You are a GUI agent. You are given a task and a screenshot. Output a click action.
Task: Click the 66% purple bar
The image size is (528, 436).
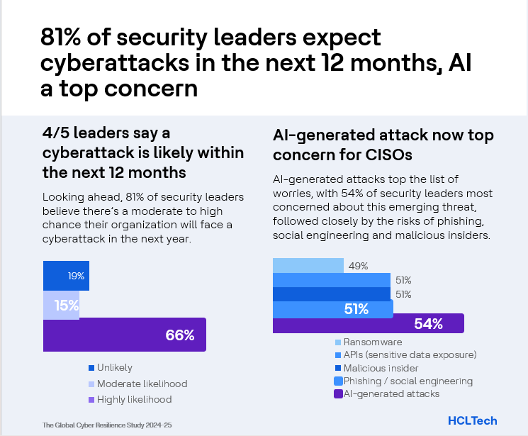pos(125,335)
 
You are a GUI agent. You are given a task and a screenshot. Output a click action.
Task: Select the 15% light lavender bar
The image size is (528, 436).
pos(61,306)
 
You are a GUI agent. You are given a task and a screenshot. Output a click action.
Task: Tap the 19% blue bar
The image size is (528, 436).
pos(66,276)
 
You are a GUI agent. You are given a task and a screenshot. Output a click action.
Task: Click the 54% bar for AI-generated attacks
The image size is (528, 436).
pos(368,324)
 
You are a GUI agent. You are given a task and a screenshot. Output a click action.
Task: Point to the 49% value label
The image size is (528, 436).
pos(357,266)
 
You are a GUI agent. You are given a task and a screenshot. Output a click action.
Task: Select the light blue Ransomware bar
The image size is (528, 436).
pos(308,266)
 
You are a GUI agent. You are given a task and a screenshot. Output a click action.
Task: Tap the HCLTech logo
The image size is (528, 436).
pos(473,420)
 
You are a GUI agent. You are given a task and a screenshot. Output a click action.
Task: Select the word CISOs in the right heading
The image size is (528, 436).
pos(389,154)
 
